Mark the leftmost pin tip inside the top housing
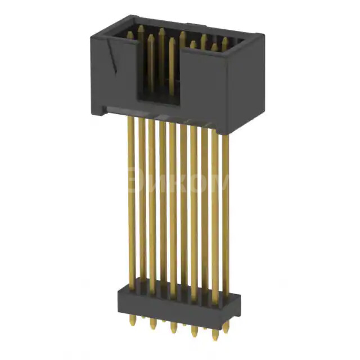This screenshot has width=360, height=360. pyautogui.click(x=130, y=35)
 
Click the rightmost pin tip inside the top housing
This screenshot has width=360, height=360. pyautogui.click(x=224, y=40)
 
